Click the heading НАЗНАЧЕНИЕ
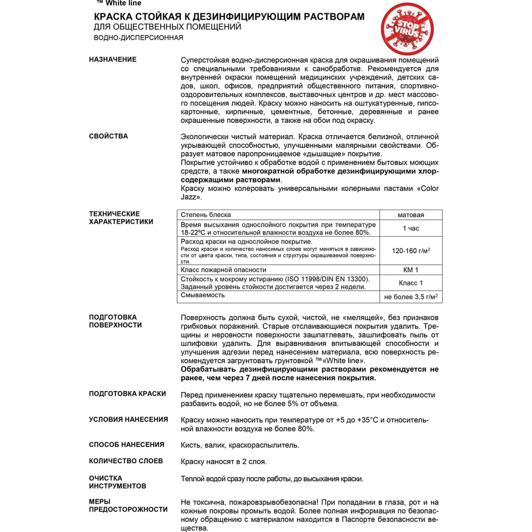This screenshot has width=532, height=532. pyautogui.click(x=113, y=60)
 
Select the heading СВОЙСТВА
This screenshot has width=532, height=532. pyautogui.click(x=109, y=136)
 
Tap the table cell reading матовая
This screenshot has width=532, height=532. pyautogui.click(x=411, y=215)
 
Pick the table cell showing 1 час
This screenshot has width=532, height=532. pyautogui.click(x=411, y=229)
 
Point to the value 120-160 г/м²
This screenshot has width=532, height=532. pyautogui.click(x=411, y=251)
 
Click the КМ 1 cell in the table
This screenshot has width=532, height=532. pyautogui.click(x=411, y=270)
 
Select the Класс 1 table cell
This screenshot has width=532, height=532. pyautogui.click(x=411, y=283)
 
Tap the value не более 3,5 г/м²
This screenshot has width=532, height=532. pyautogui.click(x=411, y=297)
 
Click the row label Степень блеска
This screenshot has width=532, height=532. pyautogui.click(x=206, y=215)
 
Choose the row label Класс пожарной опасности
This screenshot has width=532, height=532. pyautogui.click(x=223, y=270)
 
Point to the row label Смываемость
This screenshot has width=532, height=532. pyautogui.click(x=203, y=295)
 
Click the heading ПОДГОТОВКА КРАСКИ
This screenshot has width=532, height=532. pyautogui.click(x=128, y=394)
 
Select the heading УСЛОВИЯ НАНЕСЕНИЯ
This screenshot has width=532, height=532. pyautogui.click(x=128, y=420)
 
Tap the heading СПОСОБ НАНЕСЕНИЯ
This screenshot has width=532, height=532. pyautogui.click(x=127, y=445)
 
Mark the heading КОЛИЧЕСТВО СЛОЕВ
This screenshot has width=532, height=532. pyautogui.click(x=126, y=461)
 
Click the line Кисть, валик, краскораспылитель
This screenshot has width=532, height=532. pyautogui.click(x=240, y=445)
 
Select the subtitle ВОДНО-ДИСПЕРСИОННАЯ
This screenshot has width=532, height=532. pyautogui.click(x=138, y=38)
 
